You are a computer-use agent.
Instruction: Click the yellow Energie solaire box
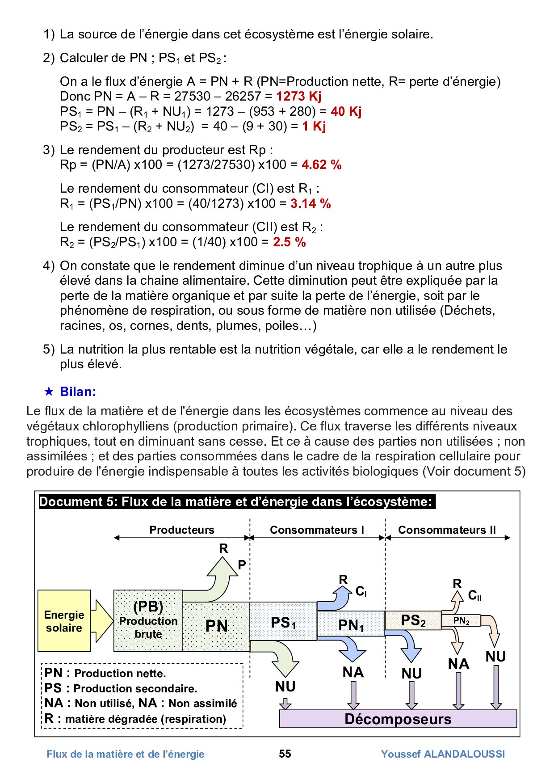point(64,621)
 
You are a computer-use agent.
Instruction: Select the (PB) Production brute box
point(148,620)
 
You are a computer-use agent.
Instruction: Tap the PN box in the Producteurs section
point(216,626)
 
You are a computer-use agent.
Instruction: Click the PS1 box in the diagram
point(283,622)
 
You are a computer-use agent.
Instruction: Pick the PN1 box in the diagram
point(351,624)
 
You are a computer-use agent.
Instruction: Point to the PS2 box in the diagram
point(413,620)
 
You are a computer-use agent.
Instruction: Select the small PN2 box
point(461,620)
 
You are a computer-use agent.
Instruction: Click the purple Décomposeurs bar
point(398,719)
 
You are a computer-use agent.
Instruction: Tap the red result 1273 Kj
point(298,96)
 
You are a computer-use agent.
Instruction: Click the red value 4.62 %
point(321,164)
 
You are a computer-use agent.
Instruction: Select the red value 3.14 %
point(311,203)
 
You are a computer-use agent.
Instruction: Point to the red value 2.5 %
point(290,242)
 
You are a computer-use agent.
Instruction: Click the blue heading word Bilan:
point(78,392)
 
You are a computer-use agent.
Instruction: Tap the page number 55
point(285,754)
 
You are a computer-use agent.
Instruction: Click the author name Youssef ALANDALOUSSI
point(443,754)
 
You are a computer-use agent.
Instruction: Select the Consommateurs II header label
point(447,530)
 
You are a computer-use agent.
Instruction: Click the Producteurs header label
point(181,530)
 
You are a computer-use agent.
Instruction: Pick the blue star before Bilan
point(49,392)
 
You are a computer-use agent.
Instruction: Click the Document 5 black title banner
point(237,502)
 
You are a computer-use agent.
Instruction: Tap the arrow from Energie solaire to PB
point(102,621)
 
